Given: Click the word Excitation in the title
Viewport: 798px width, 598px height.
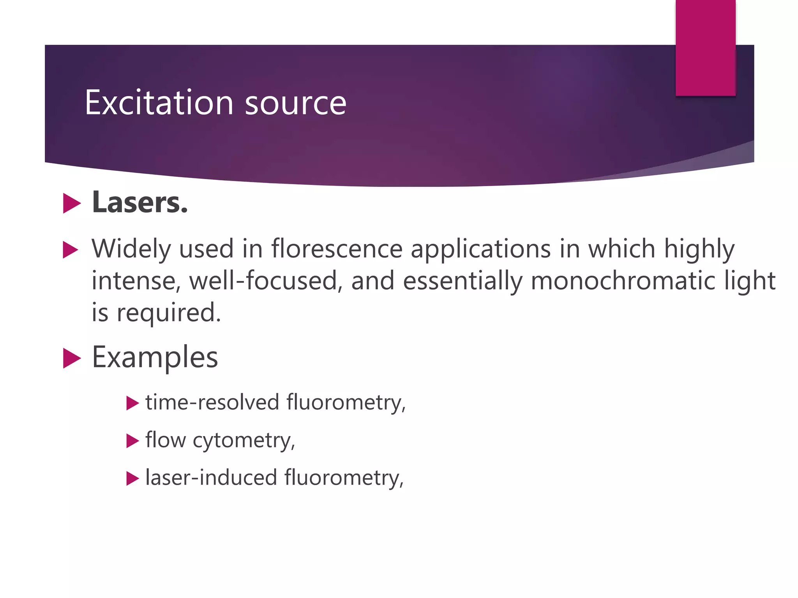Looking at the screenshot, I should click(x=159, y=102).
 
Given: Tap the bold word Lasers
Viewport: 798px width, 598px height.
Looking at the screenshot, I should click(x=140, y=202).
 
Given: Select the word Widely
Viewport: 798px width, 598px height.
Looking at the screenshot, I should click(x=131, y=249).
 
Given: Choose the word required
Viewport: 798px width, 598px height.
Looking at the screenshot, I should click(x=169, y=313).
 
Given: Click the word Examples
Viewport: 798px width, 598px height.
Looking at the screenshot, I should click(x=155, y=357).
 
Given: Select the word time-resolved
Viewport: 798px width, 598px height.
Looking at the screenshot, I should click(x=212, y=402).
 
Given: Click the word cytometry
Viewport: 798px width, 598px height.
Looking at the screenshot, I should click(x=244, y=441).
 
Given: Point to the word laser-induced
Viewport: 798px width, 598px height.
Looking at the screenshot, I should click(x=211, y=478).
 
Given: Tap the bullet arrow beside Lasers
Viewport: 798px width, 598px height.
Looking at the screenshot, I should click(x=72, y=203).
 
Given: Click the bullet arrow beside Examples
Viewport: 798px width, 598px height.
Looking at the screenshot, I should click(x=72, y=358).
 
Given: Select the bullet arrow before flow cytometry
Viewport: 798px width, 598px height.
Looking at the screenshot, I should click(x=133, y=441).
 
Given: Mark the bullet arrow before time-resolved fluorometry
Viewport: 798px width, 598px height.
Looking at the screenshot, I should click(x=133, y=403).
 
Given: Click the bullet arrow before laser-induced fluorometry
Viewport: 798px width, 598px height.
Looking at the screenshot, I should click(x=133, y=478).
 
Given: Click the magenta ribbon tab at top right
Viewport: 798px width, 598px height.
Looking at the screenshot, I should click(x=705, y=47).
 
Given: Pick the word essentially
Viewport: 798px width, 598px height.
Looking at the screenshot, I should click(x=462, y=281).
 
